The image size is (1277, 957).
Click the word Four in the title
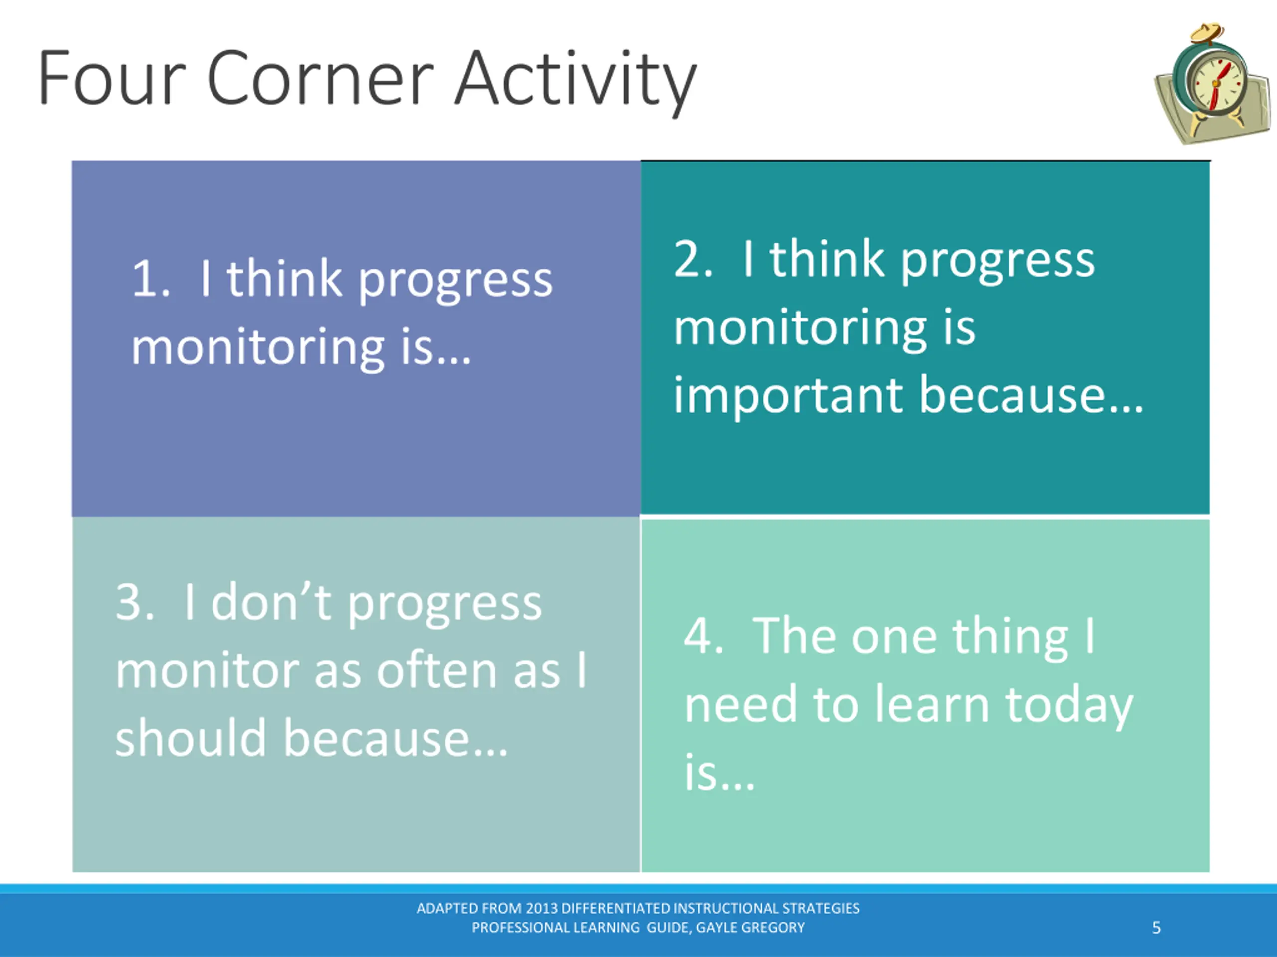[112, 78]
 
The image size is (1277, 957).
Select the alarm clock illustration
[1212, 84]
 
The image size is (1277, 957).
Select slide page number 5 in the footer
[1156, 928]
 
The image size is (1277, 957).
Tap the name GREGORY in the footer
[777, 928]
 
